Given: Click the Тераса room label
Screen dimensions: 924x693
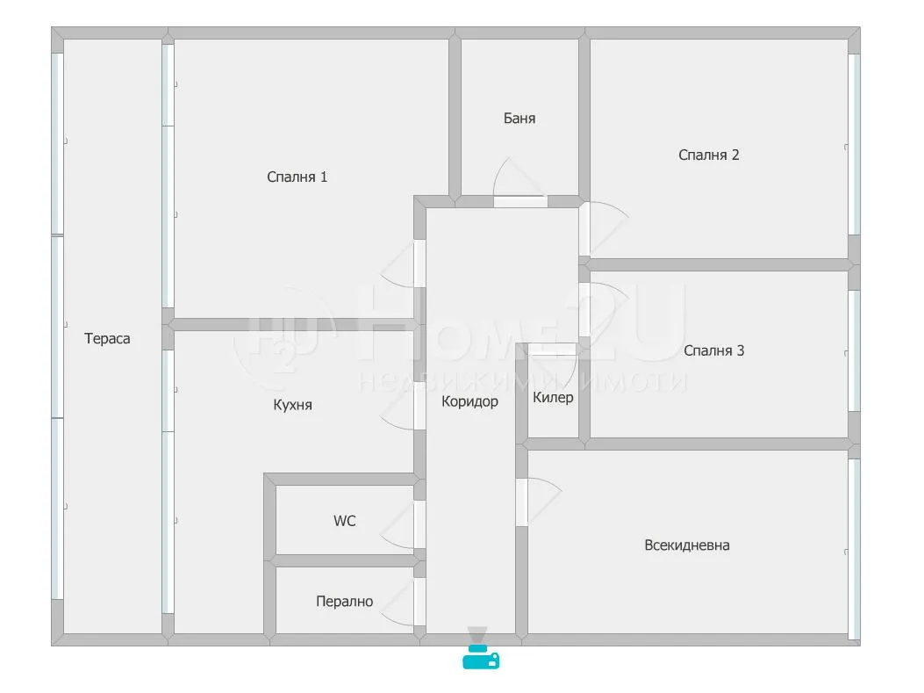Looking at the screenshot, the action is pos(107,338).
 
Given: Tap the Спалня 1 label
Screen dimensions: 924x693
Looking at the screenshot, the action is pos(297,177).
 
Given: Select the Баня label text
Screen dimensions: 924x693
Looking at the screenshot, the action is pos(519,118).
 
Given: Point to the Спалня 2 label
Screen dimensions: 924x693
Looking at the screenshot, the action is pos(708,155).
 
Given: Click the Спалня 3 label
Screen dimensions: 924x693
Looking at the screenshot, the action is pos(713,351).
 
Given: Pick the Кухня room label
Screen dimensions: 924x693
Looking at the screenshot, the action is pos(292,405).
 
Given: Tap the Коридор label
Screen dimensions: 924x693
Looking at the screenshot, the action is pos(469,401).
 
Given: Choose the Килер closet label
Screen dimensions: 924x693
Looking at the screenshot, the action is pos(553,398).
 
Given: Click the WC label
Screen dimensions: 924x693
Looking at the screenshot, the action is pos(345,521).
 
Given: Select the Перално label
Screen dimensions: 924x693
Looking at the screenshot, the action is pos(344,602).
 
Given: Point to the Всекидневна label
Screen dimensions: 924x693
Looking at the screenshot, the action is pos(686,545).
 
